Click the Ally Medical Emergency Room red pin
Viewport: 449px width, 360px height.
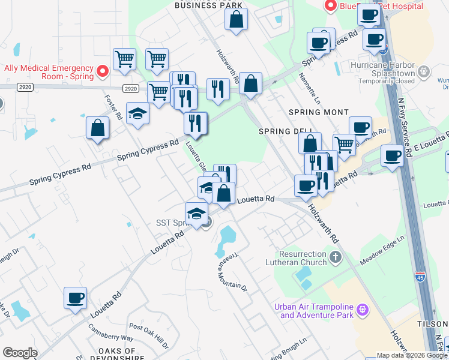pos(102,72)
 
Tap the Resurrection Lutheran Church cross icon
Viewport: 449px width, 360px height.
pos(335,257)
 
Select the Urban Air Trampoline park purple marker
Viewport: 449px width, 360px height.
pos(361,310)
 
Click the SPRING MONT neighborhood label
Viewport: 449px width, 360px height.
pos(318,112)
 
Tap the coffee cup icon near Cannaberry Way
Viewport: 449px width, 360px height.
pos(76,298)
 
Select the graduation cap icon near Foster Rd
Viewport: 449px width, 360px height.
pos(137,113)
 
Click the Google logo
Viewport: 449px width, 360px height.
pos(20,353)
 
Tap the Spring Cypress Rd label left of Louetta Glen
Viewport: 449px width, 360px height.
pos(148,150)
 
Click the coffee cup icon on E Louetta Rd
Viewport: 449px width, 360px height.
pos(393,156)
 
